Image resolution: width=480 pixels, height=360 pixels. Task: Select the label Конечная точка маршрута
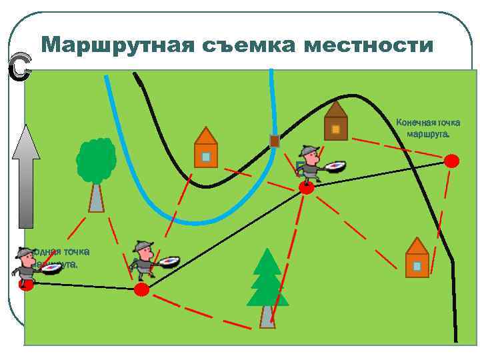(x=427, y=127)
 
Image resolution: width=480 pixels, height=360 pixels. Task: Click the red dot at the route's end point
(x=452, y=161)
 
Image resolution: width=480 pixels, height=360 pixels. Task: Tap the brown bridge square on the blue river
(x=274, y=141)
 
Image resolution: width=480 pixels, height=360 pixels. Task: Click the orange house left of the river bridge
(x=206, y=149)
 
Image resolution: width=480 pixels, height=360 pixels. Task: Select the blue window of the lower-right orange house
(x=417, y=265)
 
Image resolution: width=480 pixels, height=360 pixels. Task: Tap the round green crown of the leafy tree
(x=96, y=160)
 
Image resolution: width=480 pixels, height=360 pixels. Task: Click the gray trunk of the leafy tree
(x=97, y=198)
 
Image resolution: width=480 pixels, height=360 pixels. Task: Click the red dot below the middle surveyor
(x=141, y=289)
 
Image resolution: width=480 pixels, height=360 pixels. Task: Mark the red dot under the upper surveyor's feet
(x=306, y=188)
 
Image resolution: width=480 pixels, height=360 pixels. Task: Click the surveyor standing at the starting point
(x=28, y=267)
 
